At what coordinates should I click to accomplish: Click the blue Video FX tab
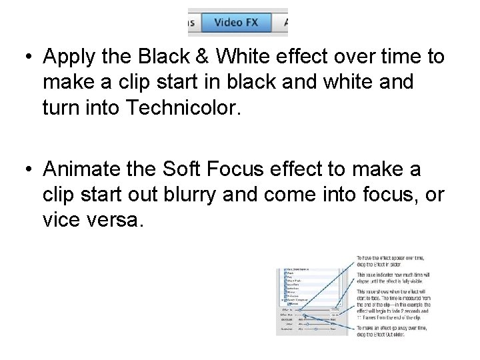point(236,22)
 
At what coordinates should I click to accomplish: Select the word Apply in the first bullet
point(69,57)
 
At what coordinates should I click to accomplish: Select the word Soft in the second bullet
point(181,170)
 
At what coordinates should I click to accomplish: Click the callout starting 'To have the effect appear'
point(390,261)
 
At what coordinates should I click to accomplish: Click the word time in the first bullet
point(389,57)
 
